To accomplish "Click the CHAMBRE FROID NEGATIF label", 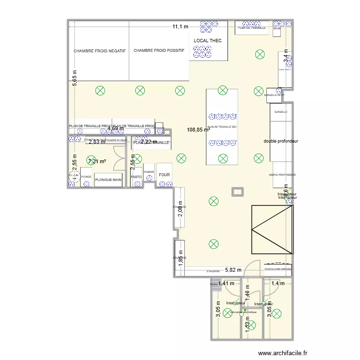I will (x=99, y=51).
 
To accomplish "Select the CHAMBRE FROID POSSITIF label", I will (x=159, y=51).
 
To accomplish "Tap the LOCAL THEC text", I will (x=208, y=41).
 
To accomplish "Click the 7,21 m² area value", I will (x=96, y=161).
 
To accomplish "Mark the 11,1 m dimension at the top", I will (x=180, y=27).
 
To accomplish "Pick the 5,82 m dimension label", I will (x=233, y=271).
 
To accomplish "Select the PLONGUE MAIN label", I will (x=108, y=180).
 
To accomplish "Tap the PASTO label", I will (x=136, y=177).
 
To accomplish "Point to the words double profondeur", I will (x=281, y=141).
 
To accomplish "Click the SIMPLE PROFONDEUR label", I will (x=282, y=175).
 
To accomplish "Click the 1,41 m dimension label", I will (x=226, y=283).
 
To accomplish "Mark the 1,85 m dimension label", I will (x=181, y=258).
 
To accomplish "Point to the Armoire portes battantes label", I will (x=278, y=268).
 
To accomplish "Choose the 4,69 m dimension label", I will (x=116, y=129).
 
